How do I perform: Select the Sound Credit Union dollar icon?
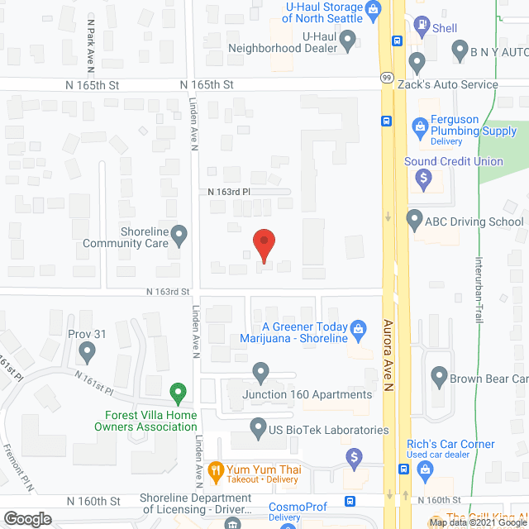pyautogui.click(x=423, y=176)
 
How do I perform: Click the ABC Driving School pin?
pyautogui.click(x=416, y=220)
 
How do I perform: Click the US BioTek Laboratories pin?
pyautogui.click(x=258, y=429)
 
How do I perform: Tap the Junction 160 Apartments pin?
pyautogui.click(x=260, y=373)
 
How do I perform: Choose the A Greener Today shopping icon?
pyautogui.click(x=358, y=328)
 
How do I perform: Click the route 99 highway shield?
pyautogui.click(x=386, y=78)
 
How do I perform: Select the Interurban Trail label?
pyautogui.click(x=478, y=289)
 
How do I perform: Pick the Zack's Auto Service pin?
pyautogui.click(x=416, y=62)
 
